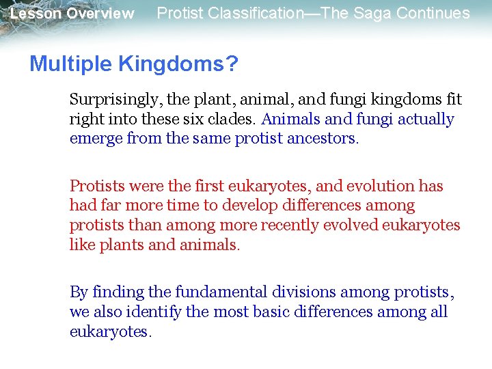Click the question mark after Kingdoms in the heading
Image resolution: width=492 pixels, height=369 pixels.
[x=233, y=64]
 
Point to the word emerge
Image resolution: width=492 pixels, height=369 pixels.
[x=93, y=139]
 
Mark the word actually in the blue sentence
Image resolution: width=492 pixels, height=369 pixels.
[x=426, y=119]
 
